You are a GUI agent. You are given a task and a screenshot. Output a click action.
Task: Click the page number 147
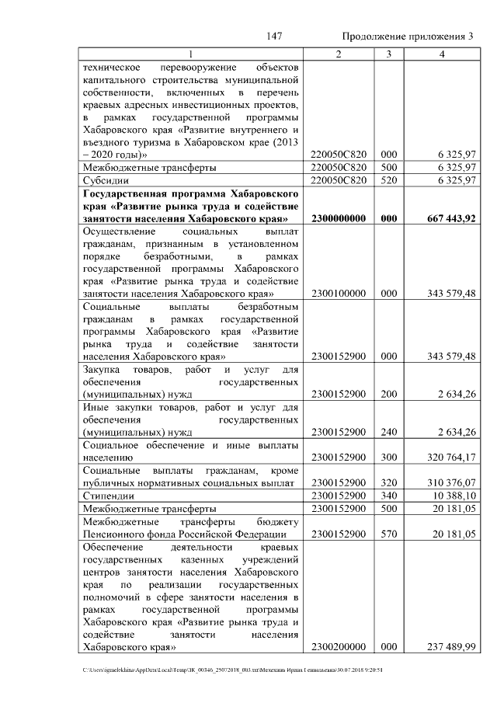click(273, 37)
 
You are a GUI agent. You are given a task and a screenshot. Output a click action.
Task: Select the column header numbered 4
click(441, 54)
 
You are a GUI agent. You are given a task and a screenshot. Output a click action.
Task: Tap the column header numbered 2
click(338, 54)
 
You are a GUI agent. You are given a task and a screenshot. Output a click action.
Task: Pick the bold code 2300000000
click(338, 219)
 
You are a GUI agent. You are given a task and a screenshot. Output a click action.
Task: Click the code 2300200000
click(338, 646)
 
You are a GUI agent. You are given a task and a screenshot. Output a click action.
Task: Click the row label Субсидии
click(106, 180)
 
